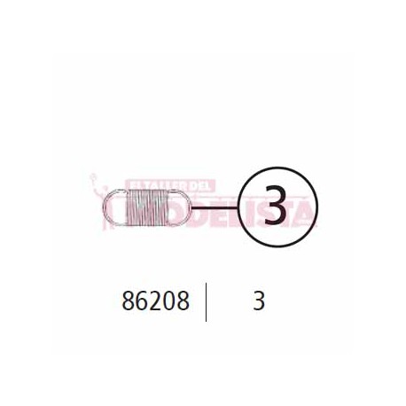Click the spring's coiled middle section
pos(147,207)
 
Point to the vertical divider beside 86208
pos(207,301)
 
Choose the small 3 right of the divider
pos(258,301)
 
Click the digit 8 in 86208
pos(127,301)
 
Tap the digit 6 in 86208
pos(141,301)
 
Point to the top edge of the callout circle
pos(276,168)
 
